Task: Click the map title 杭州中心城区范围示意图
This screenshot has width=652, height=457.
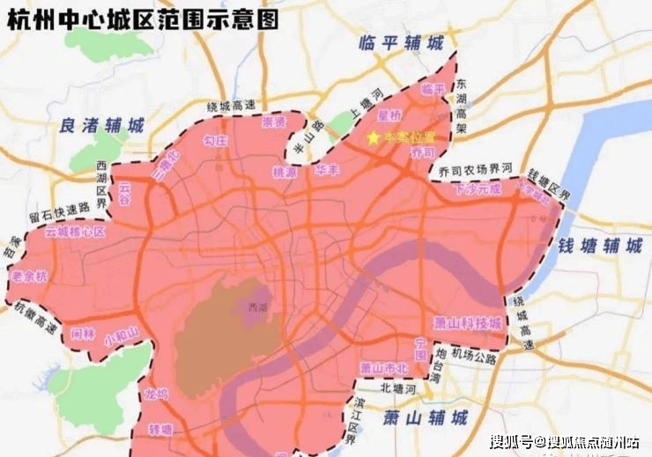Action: click(x=149, y=18)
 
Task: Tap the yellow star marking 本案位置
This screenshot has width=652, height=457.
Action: click(x=373, y=138)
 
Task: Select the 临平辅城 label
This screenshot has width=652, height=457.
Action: click(x=402, y=42)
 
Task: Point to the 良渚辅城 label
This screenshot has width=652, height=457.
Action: click(x=102, y=125)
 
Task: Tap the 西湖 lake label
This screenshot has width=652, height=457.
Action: click(x=257, y=307)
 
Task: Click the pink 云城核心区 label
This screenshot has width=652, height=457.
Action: click(x=75, y=232)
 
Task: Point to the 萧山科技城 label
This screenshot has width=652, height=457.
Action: click(x=469, y=322)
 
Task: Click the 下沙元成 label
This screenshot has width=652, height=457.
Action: click(x=477, y=188)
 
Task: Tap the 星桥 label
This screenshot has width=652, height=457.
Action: click(x=389, y=114)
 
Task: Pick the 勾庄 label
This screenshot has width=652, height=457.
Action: click(x=216, y=140)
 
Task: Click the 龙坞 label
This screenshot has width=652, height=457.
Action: click(x=155, y=394)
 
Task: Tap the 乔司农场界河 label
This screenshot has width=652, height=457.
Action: click(x=470, y=170)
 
